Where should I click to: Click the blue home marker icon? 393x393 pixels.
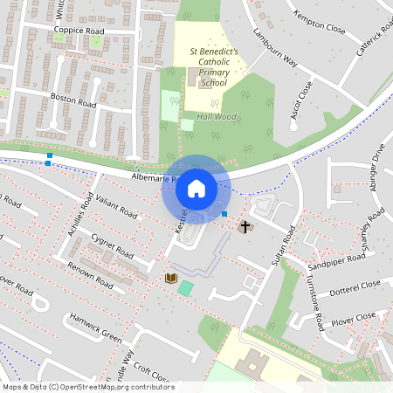[x=196, y=189]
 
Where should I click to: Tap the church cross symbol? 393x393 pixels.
[x=245, y=227]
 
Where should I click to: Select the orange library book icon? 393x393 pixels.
[x=170, y=278]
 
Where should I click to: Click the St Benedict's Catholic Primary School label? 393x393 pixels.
[x=213, y=67]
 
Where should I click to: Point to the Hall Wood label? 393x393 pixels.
[x=216, y=116]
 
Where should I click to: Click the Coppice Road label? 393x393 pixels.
[x=79, y=31]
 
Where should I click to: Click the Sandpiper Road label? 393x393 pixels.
[x=341, y=259]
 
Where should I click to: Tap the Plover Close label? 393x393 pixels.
[x=354, y=316]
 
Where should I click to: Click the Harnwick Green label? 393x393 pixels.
[x=96, y=325]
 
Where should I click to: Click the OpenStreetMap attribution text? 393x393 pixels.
[x=87, y=387]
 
